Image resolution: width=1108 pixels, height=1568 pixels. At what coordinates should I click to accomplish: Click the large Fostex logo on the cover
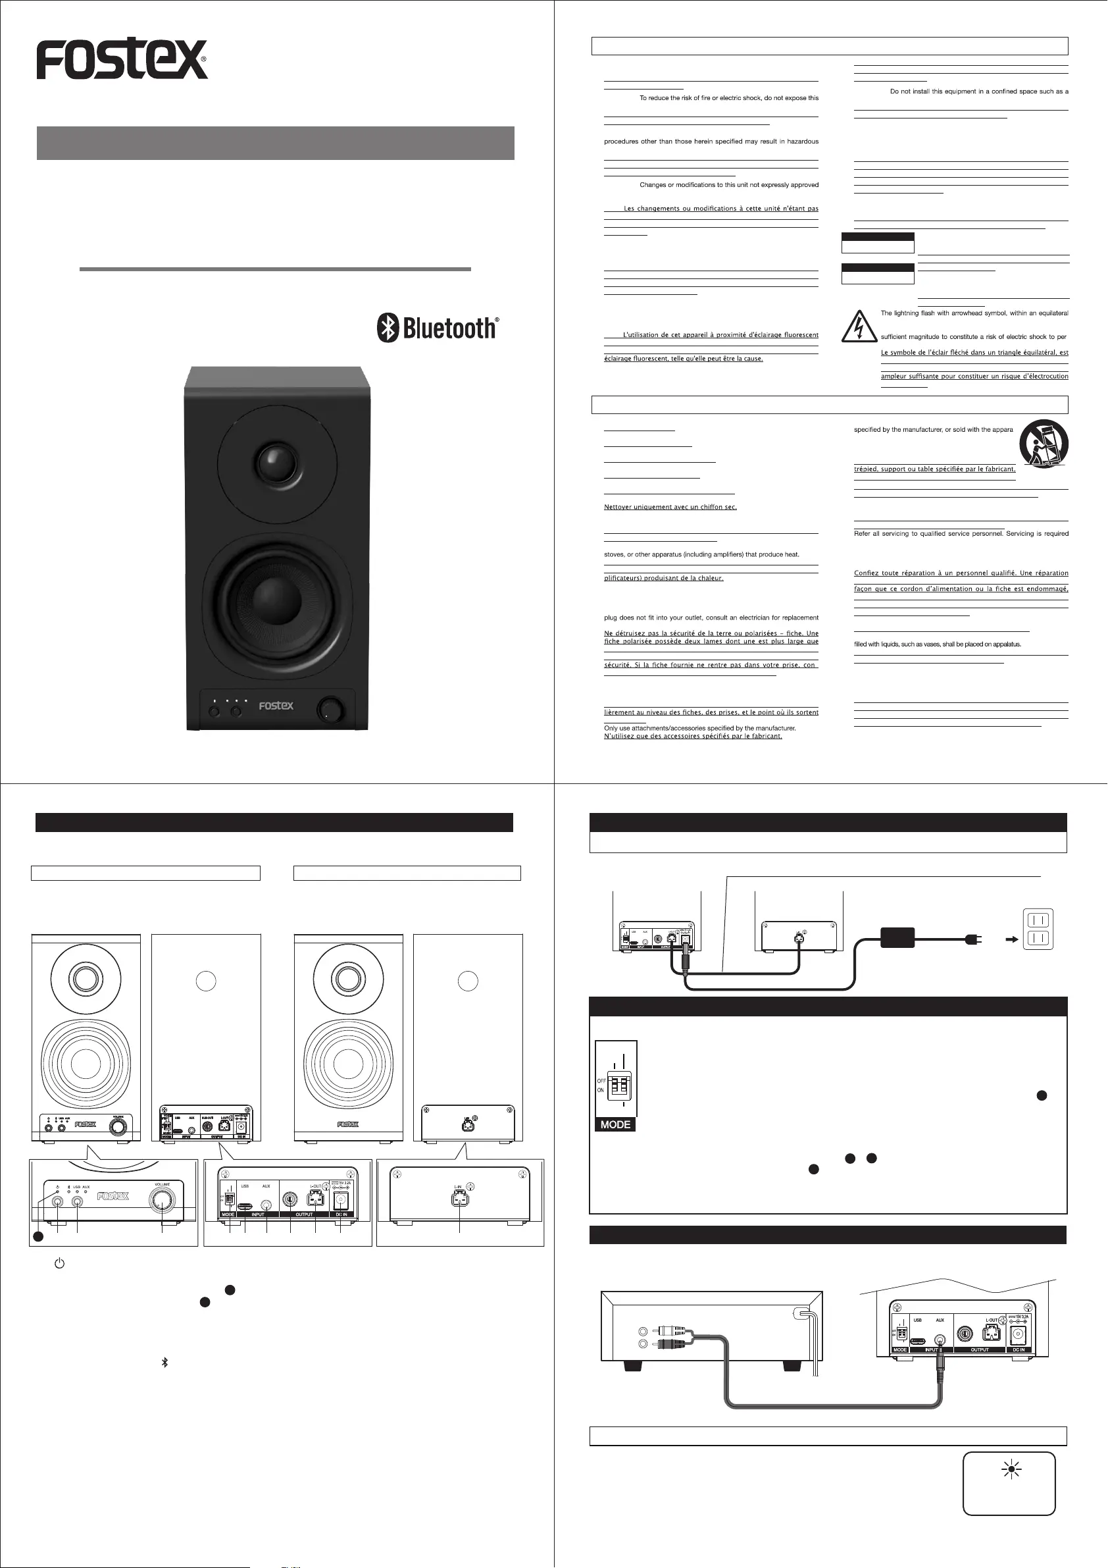pyautogui.click(x=122, y=59)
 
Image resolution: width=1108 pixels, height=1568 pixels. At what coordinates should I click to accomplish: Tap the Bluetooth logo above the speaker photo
pyautogui.click(x=438, y=328)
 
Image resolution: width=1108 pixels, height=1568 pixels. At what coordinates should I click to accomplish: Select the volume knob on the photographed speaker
pyautogui.click(x=331, y=709)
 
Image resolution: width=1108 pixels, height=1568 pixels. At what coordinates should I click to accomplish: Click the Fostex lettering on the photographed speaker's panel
pyautogui.click(x=276, y=706)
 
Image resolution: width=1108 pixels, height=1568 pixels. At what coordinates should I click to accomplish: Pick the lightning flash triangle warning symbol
pyautogui.click(x=859, y=327)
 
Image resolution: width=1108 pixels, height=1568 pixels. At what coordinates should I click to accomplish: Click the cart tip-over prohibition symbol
pyautogui.click(x=1043, y=443)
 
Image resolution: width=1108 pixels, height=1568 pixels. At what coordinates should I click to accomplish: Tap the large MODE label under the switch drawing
pyautogui.click(x=615, y=1124)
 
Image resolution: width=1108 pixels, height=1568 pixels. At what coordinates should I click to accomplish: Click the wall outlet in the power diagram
pyautogui.click(x=1038, y=929)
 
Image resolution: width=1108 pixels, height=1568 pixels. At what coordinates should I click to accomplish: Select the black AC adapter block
pyautogui.click(x=897, y=937)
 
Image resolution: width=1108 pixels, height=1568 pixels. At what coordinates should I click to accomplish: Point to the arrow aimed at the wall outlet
pyautogui.click(x=1012, y=940)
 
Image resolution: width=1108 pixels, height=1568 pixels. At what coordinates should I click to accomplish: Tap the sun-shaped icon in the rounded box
pyautogui.click(x=1011, y=1469)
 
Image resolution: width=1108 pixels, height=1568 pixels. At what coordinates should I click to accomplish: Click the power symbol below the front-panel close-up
pyautogui.click(x=59, y=1263)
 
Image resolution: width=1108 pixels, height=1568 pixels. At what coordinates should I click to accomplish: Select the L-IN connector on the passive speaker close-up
pyautogui.click(x=459, y=1198)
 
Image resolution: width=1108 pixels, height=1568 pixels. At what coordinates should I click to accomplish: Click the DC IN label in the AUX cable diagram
pyautogui.click(x=1018, y=1349)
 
